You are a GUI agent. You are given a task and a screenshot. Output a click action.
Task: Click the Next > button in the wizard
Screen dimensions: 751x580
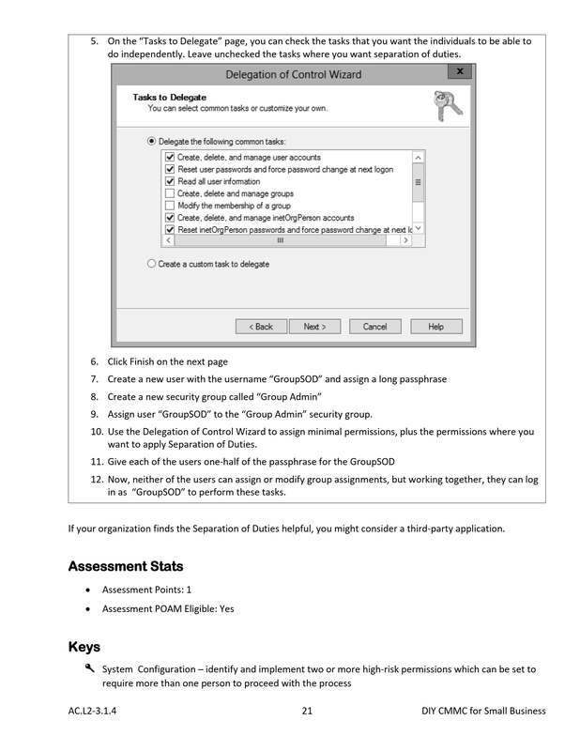click(x=314, y=327)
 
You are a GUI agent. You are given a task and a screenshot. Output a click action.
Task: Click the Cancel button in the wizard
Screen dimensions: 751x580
click(x=374, y=327)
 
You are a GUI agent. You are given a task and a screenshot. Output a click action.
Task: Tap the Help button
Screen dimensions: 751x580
click(x=435, y=327)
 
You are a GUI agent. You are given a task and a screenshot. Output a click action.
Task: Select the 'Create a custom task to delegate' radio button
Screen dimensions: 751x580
click(x=151, y=264)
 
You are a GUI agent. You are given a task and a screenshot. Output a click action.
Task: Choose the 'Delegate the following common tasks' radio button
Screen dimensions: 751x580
click(x=151, y=141)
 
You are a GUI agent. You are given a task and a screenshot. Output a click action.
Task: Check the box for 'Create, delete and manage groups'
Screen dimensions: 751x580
click(x=170, y=193)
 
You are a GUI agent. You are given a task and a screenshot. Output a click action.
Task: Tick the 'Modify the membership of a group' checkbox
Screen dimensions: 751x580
click(x=170, y=206)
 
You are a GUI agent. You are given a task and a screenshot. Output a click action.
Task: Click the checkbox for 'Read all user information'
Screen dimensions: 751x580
click(x=170, y=181)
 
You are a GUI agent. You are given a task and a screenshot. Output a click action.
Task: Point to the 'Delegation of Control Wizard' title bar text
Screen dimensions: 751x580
click(x=294, y=74)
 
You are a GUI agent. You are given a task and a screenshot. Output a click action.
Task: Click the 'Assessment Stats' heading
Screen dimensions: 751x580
click(x=126, y=566)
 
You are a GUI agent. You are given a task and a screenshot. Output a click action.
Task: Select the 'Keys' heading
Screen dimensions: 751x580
click(x=84, y=647)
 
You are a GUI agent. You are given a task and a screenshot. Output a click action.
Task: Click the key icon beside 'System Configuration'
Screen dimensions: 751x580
click(x=89, y=668)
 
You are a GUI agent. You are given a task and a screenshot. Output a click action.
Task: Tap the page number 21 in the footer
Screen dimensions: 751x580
click(x=307, y=711)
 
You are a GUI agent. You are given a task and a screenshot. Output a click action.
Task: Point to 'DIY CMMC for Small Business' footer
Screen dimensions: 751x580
click(x=483, y=711)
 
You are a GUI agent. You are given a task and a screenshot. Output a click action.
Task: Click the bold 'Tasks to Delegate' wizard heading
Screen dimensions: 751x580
click(x=169, y=97)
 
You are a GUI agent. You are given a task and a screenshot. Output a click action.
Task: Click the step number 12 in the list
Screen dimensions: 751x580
click(x=96, y=479)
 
